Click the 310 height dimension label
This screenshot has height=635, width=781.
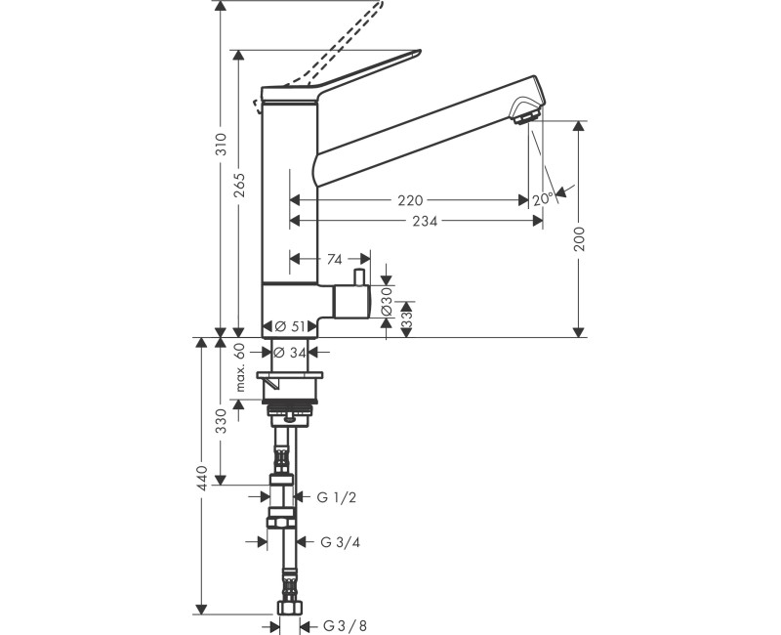point(222,144)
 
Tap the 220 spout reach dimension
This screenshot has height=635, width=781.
point(410,200)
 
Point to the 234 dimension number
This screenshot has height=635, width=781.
point(425,222)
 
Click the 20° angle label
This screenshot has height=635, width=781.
point(544,198)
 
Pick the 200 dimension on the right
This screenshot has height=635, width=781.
point(579,239)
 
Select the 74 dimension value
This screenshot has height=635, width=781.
point(334,259)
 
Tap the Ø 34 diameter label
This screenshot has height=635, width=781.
point(291,352)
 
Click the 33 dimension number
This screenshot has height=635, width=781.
point(386,317)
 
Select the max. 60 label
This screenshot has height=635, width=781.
point(240,367)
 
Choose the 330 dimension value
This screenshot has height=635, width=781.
point(222,421)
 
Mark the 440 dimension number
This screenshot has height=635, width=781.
point(201,476)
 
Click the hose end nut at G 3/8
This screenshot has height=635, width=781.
point(287,609)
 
